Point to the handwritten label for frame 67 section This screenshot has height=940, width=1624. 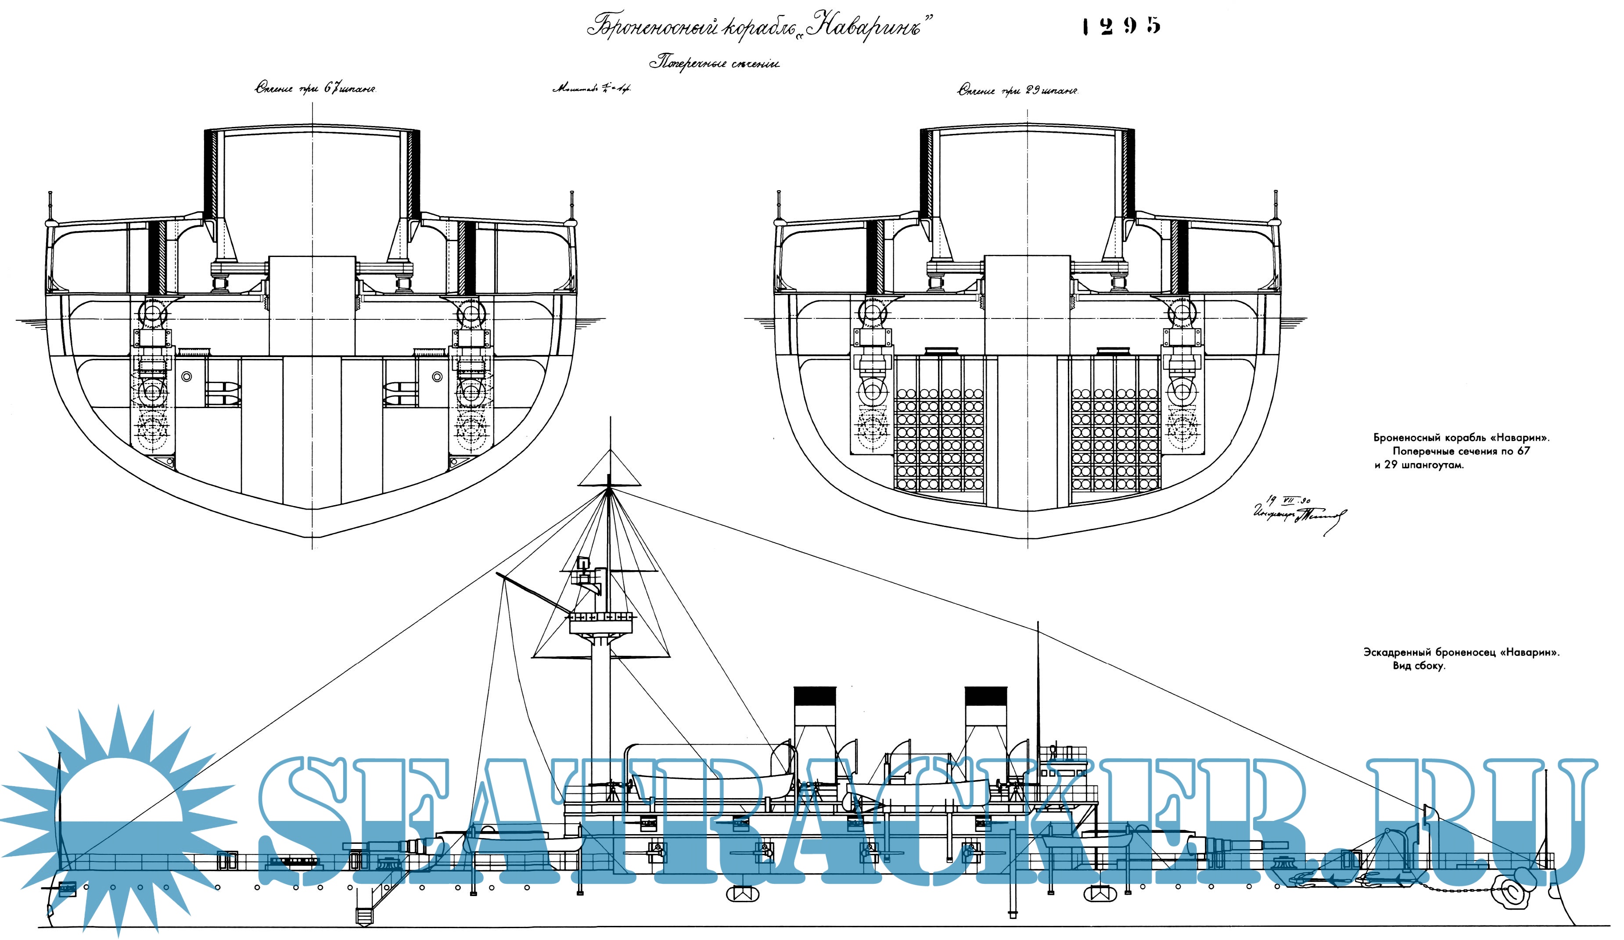316,90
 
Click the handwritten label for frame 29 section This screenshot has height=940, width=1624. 1018,90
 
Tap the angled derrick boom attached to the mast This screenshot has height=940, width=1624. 535,594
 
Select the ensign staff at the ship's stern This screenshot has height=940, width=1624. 59,812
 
